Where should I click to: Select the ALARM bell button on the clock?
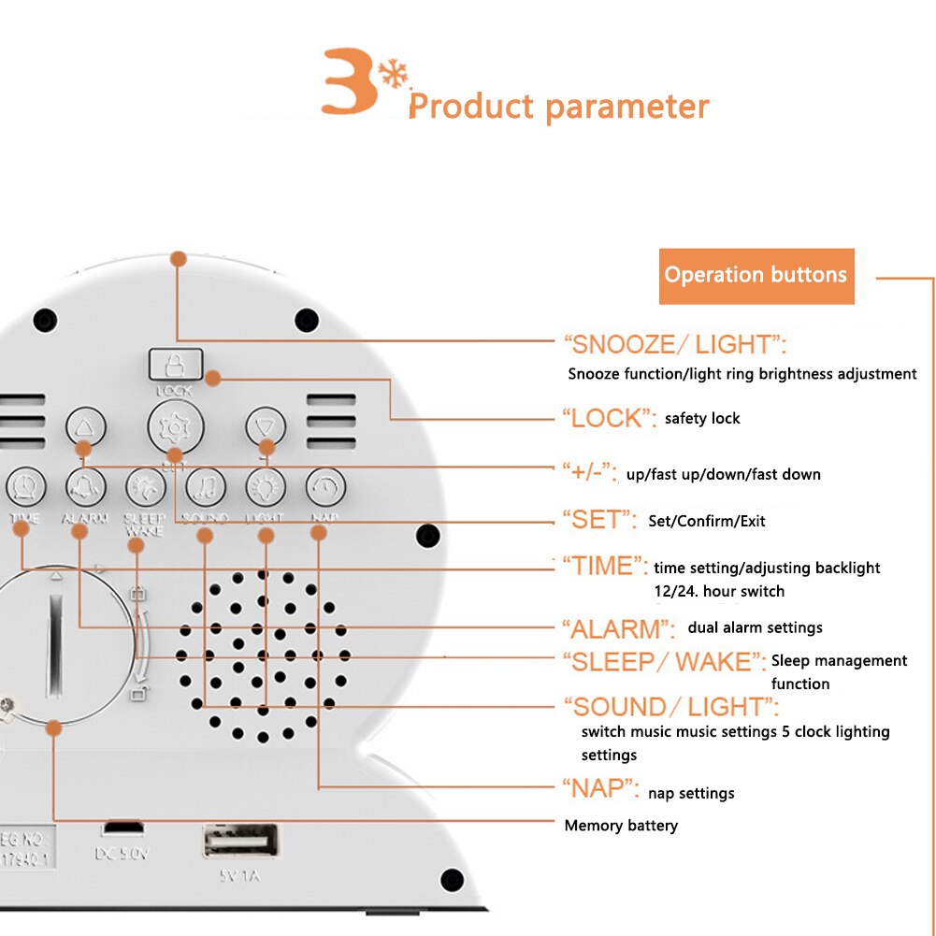(85, 486)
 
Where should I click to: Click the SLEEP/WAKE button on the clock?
(146, 486)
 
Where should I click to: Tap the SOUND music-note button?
(206, 486)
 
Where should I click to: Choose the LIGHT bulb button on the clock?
(266, 486)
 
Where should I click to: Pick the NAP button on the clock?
(325, 486)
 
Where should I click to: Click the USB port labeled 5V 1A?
(240, 841)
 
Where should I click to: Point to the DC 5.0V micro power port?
(122, 829)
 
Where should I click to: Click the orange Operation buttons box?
(756, 276)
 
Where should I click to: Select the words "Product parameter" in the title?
(559, 107)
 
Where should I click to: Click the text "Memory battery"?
(621, 826)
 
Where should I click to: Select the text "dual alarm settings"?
(755, 627)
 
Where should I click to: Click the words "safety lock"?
(701, 418)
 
